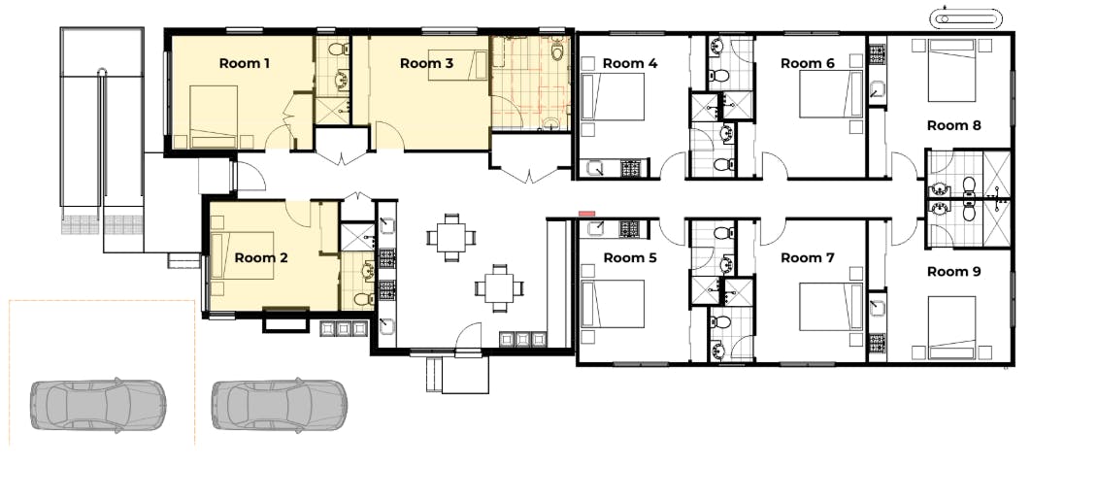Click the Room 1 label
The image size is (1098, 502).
click(245, 64)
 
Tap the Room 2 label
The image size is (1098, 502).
click(261, 257)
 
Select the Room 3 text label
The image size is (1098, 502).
click(426, 64)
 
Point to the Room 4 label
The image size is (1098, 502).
click(630, 64)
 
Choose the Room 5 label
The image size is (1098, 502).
click(630, 257)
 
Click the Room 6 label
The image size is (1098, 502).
click(808, 64)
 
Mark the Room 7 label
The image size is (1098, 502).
click(808, 257)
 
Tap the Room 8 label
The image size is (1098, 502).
click(953, 126)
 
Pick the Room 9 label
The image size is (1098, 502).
click(953, 272)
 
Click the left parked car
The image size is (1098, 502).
click(98, 404)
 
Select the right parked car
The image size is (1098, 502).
click(280, 404)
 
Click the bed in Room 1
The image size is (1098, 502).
click(214, 117)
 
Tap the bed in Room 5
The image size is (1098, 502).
click(613, 303)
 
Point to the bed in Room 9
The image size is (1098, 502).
click(951, 327)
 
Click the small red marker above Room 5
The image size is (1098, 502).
click(586, 214)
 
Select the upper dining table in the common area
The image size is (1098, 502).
click(451, 237)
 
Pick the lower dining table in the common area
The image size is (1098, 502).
click(499, 287)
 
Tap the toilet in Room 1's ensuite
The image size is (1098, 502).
click(339, 49)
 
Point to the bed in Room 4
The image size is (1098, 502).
click(613, 97)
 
